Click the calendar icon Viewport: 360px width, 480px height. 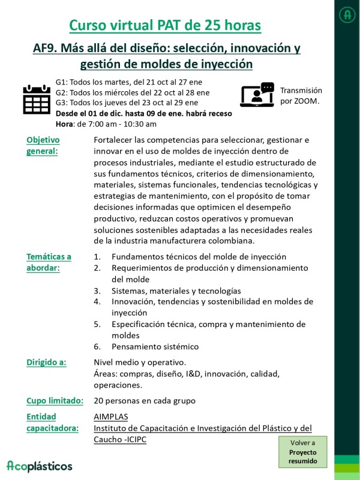coord(37,99)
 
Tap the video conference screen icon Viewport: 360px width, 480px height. coord(257,95)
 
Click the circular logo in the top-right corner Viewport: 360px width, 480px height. coord(347,14)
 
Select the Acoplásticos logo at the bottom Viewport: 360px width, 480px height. coord(40,466)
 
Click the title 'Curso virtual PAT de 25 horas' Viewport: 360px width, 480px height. coord(165,25)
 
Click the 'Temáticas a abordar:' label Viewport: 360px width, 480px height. coord(49,262)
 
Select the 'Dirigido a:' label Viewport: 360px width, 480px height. coord(46,362)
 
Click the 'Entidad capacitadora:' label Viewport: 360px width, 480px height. coord(52,422)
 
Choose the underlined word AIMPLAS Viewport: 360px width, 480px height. coord(111,416)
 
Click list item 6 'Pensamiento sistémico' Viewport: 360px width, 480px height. coord(155,346)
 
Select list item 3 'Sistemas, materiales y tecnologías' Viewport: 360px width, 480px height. coord(176,290)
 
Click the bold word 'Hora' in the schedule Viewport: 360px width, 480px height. coord(64,124)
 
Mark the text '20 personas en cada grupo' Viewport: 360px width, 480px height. coord(145,400)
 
